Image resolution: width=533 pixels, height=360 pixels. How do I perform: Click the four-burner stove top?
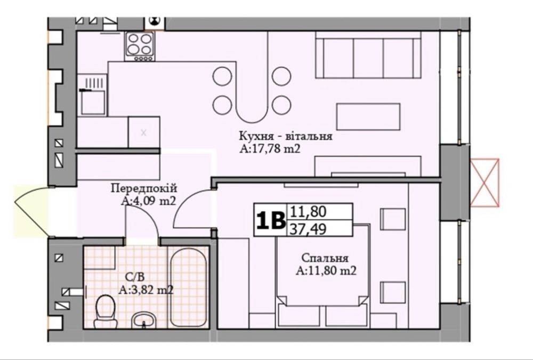coord(139,46)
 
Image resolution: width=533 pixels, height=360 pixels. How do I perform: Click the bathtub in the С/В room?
coord(188,287)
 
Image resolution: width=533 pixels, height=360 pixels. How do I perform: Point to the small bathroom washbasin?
coord(144,320)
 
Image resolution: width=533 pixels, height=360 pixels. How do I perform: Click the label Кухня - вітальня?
coord(286,137)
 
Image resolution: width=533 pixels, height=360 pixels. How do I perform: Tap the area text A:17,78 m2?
coord(270,149)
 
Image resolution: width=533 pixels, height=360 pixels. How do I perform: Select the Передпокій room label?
coord(144,188)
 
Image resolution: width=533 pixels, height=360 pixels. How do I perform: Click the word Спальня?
coord(325,258)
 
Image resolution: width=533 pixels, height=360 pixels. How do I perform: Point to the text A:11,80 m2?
coord(326,271)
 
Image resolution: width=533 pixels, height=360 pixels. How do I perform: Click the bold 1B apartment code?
coord(271,220)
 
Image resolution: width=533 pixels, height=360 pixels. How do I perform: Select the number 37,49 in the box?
coord(308,229)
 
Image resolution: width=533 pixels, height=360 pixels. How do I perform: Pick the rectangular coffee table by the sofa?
coord(368,117)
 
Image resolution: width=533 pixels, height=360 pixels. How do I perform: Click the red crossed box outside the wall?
coord(484,183)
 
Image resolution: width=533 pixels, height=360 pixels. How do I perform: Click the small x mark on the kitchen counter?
coord(143,133)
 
